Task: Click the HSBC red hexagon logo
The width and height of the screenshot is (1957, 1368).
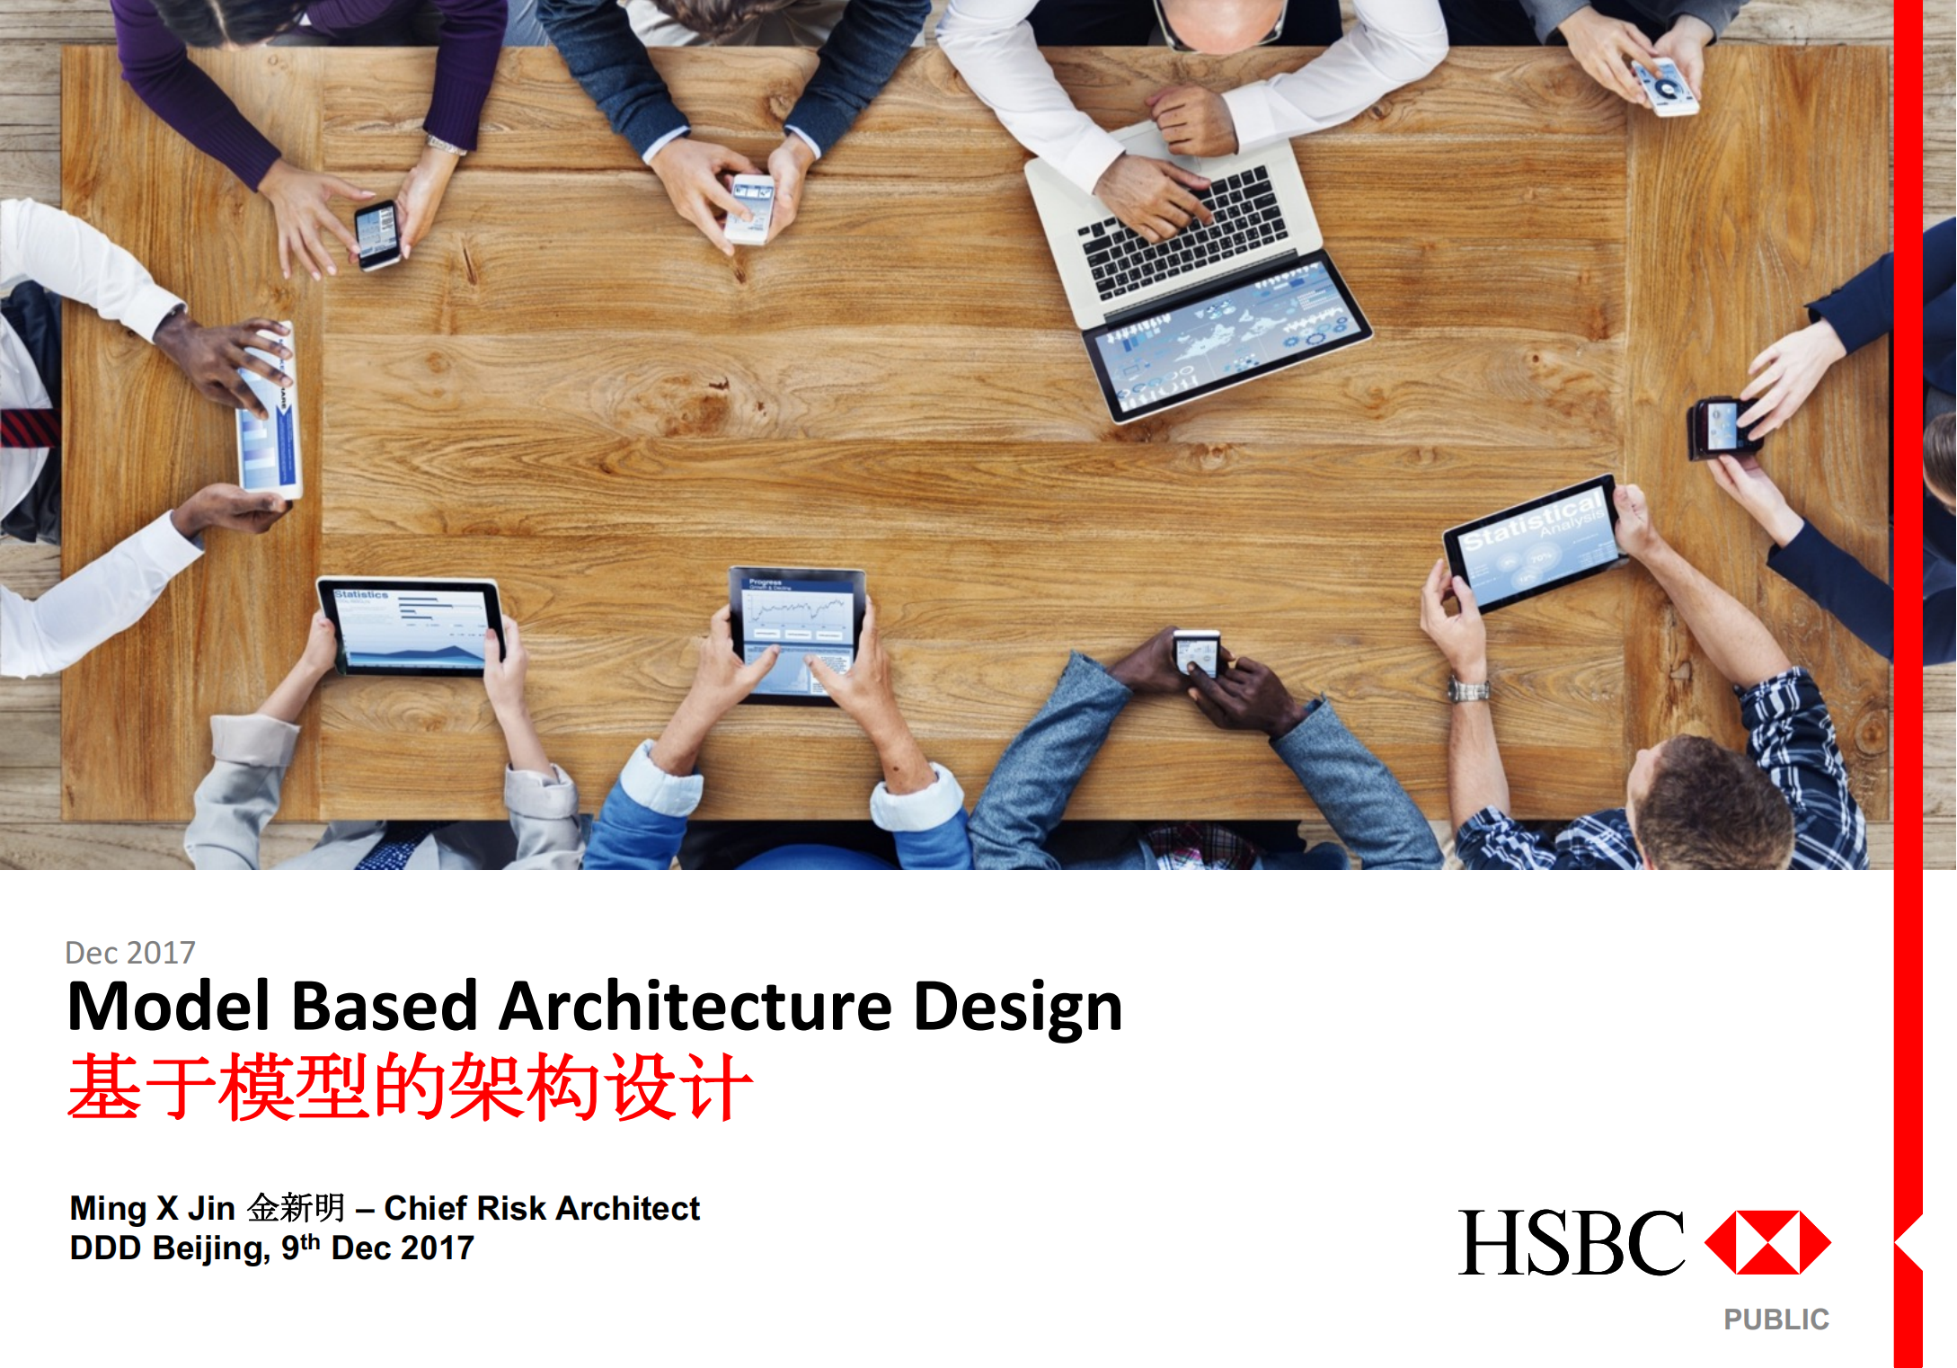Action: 1767,1242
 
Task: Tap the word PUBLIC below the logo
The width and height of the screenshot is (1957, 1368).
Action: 1775,1319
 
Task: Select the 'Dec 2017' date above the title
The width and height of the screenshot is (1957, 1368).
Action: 130,952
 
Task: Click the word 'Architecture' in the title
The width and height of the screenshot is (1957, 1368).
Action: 695,1006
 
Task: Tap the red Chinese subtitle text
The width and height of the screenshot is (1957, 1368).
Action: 410,1087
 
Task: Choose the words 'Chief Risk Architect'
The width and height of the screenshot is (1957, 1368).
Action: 542,1208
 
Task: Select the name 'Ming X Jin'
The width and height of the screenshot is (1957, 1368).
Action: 152,1208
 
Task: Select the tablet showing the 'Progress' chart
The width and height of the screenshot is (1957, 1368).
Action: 796,633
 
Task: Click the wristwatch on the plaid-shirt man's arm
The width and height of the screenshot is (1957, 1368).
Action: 1468,690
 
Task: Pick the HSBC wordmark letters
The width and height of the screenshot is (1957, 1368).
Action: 1571,1242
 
